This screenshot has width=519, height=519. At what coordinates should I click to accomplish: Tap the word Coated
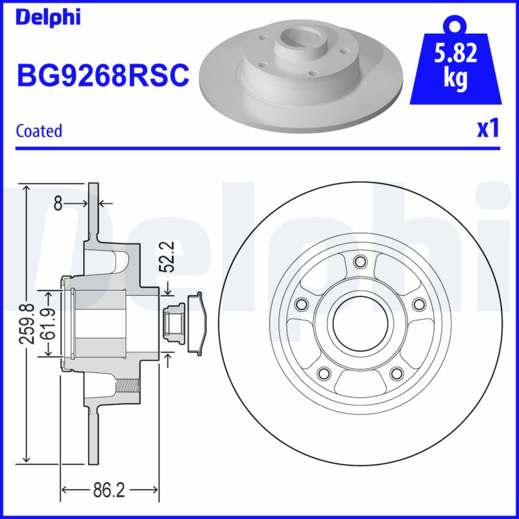click(x=39, y=130)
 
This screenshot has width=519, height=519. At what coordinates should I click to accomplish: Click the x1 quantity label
click(x=488, y=129)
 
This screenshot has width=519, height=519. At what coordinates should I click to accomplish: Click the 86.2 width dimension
click(x=109, y=490)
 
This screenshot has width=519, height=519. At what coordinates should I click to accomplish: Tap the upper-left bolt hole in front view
click(x=300, y=304)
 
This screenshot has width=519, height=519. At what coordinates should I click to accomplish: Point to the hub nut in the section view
click(x=175, y=322)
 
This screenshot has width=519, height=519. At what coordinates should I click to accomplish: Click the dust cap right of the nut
click(x=196, y=322)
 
